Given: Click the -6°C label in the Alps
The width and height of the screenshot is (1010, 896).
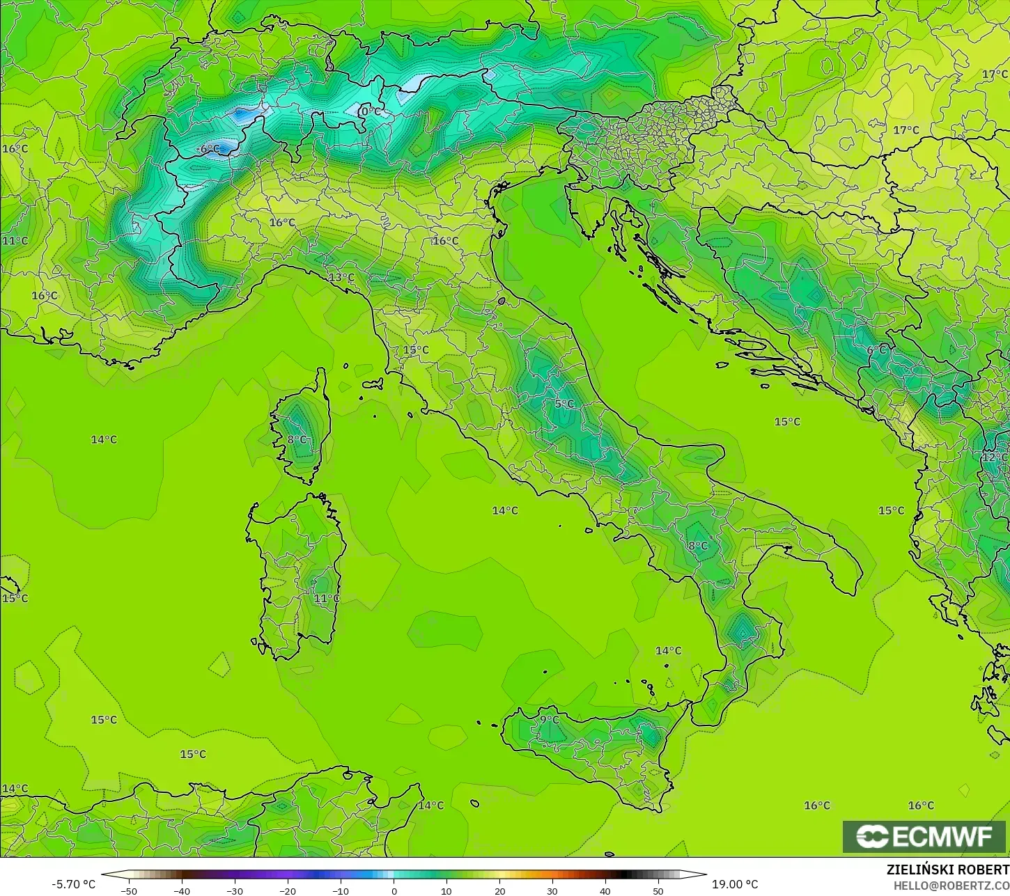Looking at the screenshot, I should (x=208, y=149).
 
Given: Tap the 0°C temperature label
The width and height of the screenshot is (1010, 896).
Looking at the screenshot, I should (x=371, y=111).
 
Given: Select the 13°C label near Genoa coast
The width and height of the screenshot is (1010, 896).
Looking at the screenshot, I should (x=341, y=277).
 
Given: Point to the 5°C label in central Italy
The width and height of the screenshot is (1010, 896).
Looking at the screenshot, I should (x=564, y=404).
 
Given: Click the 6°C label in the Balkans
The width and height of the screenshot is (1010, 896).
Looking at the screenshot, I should (x=876, y=350).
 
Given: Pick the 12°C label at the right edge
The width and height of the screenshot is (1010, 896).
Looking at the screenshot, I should (x=994, y=457).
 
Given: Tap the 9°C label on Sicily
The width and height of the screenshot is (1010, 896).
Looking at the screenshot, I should (x=549, y=719).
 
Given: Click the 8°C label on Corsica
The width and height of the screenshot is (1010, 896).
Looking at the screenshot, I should (x=297, y=439).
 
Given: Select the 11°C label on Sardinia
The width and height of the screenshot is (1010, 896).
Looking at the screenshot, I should (x=327, y=598).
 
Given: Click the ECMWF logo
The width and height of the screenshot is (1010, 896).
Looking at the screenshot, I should (x=924, y=836).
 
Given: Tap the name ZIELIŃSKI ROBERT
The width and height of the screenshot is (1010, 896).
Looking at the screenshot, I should (x=947, y=870).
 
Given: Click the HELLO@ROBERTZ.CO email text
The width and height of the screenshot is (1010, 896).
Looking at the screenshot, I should (x=951, y=886).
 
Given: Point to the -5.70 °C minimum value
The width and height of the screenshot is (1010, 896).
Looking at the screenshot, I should (x=73, y=884).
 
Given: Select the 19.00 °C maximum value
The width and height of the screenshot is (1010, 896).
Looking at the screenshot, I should (x=735, y=884).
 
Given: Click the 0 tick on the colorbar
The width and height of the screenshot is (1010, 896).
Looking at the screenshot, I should (x=394, y=890).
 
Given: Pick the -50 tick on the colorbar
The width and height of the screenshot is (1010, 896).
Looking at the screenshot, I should (x=129, y=890).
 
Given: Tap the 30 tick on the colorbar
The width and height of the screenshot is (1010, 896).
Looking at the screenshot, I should (x=552, y=890).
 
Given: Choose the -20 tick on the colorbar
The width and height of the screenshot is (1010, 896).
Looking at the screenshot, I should (x=288, y=890).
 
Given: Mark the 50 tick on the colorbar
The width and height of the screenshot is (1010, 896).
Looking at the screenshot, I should (x=658, y=890).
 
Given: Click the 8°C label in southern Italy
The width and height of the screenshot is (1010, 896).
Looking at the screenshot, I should (x=697, y=546).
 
